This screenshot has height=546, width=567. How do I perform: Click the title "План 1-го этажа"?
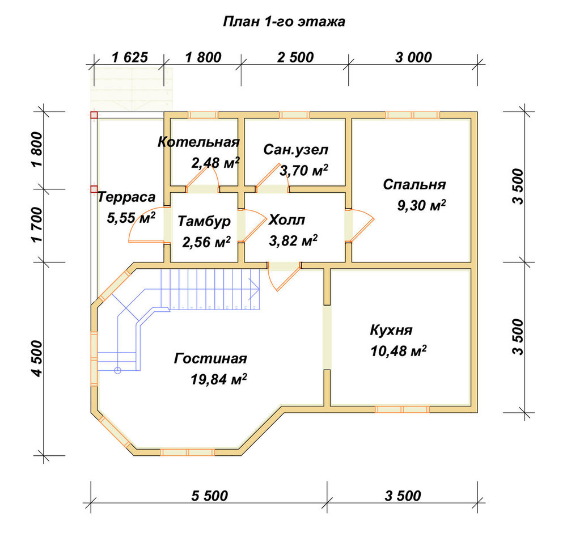[284, 22]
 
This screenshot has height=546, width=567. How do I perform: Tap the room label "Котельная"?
[198, 142]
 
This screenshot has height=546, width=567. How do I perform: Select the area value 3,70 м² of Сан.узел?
[304, 170]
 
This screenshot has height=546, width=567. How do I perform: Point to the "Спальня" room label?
[414, 184]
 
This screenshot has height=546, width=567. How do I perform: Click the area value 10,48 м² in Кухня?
[398, 351]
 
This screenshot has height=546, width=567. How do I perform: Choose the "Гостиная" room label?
[210, 358]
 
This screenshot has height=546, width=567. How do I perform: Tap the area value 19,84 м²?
[219, 379]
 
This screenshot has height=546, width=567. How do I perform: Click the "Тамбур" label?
[204, 221]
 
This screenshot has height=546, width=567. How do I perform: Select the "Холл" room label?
[287, 220]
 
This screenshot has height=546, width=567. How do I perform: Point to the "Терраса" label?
[126, 197]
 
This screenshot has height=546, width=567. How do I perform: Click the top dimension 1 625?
[130, 57]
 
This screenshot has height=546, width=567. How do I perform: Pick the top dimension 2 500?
[295, 57]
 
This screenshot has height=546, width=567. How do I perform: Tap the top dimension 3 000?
[413, 57]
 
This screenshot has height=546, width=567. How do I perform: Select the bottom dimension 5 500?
[210, 496]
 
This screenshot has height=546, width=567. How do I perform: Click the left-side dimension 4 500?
[37, 358]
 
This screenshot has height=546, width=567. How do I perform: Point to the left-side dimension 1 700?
[37, 225]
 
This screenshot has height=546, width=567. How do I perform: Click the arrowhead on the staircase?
[254, 289]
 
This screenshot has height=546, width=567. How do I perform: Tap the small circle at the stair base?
[117, 370]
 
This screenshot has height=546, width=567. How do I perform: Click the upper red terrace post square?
[94, 115]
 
